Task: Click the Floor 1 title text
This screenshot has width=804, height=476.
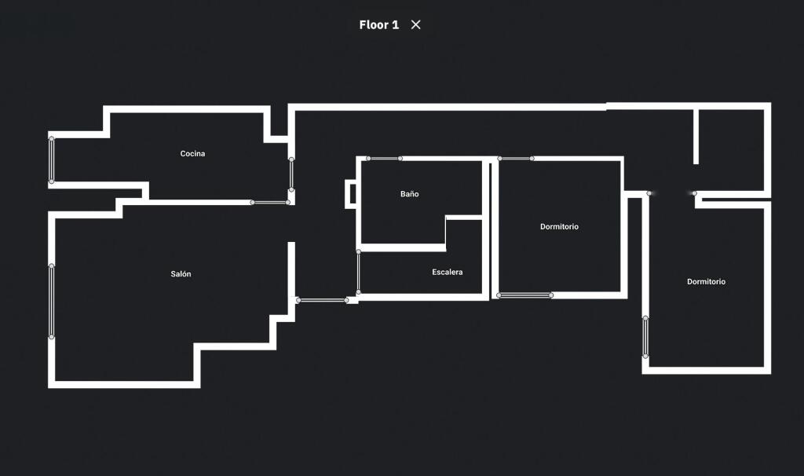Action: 378,24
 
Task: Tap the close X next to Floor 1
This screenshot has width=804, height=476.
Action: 416,24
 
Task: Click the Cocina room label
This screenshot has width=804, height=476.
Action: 192,153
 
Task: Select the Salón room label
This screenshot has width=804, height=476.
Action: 181,274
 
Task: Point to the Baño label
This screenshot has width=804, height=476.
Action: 409,194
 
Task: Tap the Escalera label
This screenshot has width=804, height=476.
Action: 447,273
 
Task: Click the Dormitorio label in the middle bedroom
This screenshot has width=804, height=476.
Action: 559,227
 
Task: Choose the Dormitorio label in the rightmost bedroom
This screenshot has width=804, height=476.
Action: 706,282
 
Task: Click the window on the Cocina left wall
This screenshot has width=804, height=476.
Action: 52,160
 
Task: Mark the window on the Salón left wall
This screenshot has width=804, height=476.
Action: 52,302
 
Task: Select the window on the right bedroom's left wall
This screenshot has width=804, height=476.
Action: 645,338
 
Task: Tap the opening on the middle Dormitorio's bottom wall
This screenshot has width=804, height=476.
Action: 525,295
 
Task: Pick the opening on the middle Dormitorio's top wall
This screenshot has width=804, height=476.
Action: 516,159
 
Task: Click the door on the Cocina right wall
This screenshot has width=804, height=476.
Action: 291,174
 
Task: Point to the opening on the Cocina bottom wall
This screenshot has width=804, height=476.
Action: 270,203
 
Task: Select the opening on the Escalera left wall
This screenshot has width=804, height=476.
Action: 358,273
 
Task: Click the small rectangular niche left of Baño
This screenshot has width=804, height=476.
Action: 350,194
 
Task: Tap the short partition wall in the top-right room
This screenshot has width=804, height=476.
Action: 696,136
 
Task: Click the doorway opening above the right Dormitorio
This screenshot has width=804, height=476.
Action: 671,193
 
